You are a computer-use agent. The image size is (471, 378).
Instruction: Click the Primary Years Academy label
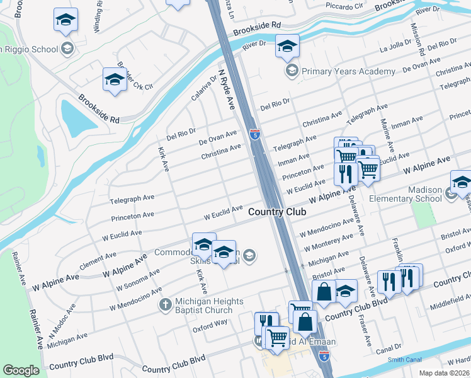(348, 71)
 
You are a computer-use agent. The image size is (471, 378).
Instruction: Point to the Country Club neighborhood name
(277, 212)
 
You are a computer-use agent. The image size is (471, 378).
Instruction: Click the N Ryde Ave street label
(227, 87)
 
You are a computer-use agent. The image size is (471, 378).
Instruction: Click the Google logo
(21, 370)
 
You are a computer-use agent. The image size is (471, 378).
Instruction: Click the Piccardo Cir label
(345, 6)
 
